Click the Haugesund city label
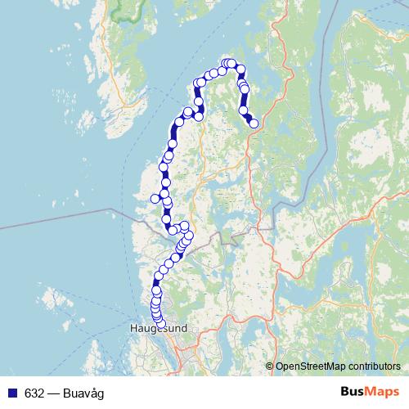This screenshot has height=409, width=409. (159, 330)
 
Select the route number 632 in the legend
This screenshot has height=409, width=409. (34, 392)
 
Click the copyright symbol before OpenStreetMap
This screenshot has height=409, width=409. (270, 366)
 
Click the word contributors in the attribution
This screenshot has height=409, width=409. (372, 366)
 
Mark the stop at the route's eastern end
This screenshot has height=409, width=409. (254, 124)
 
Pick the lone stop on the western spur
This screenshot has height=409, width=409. (155, 198)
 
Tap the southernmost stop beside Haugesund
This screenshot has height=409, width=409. (160, 324)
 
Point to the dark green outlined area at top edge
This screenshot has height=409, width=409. (127, 10)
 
